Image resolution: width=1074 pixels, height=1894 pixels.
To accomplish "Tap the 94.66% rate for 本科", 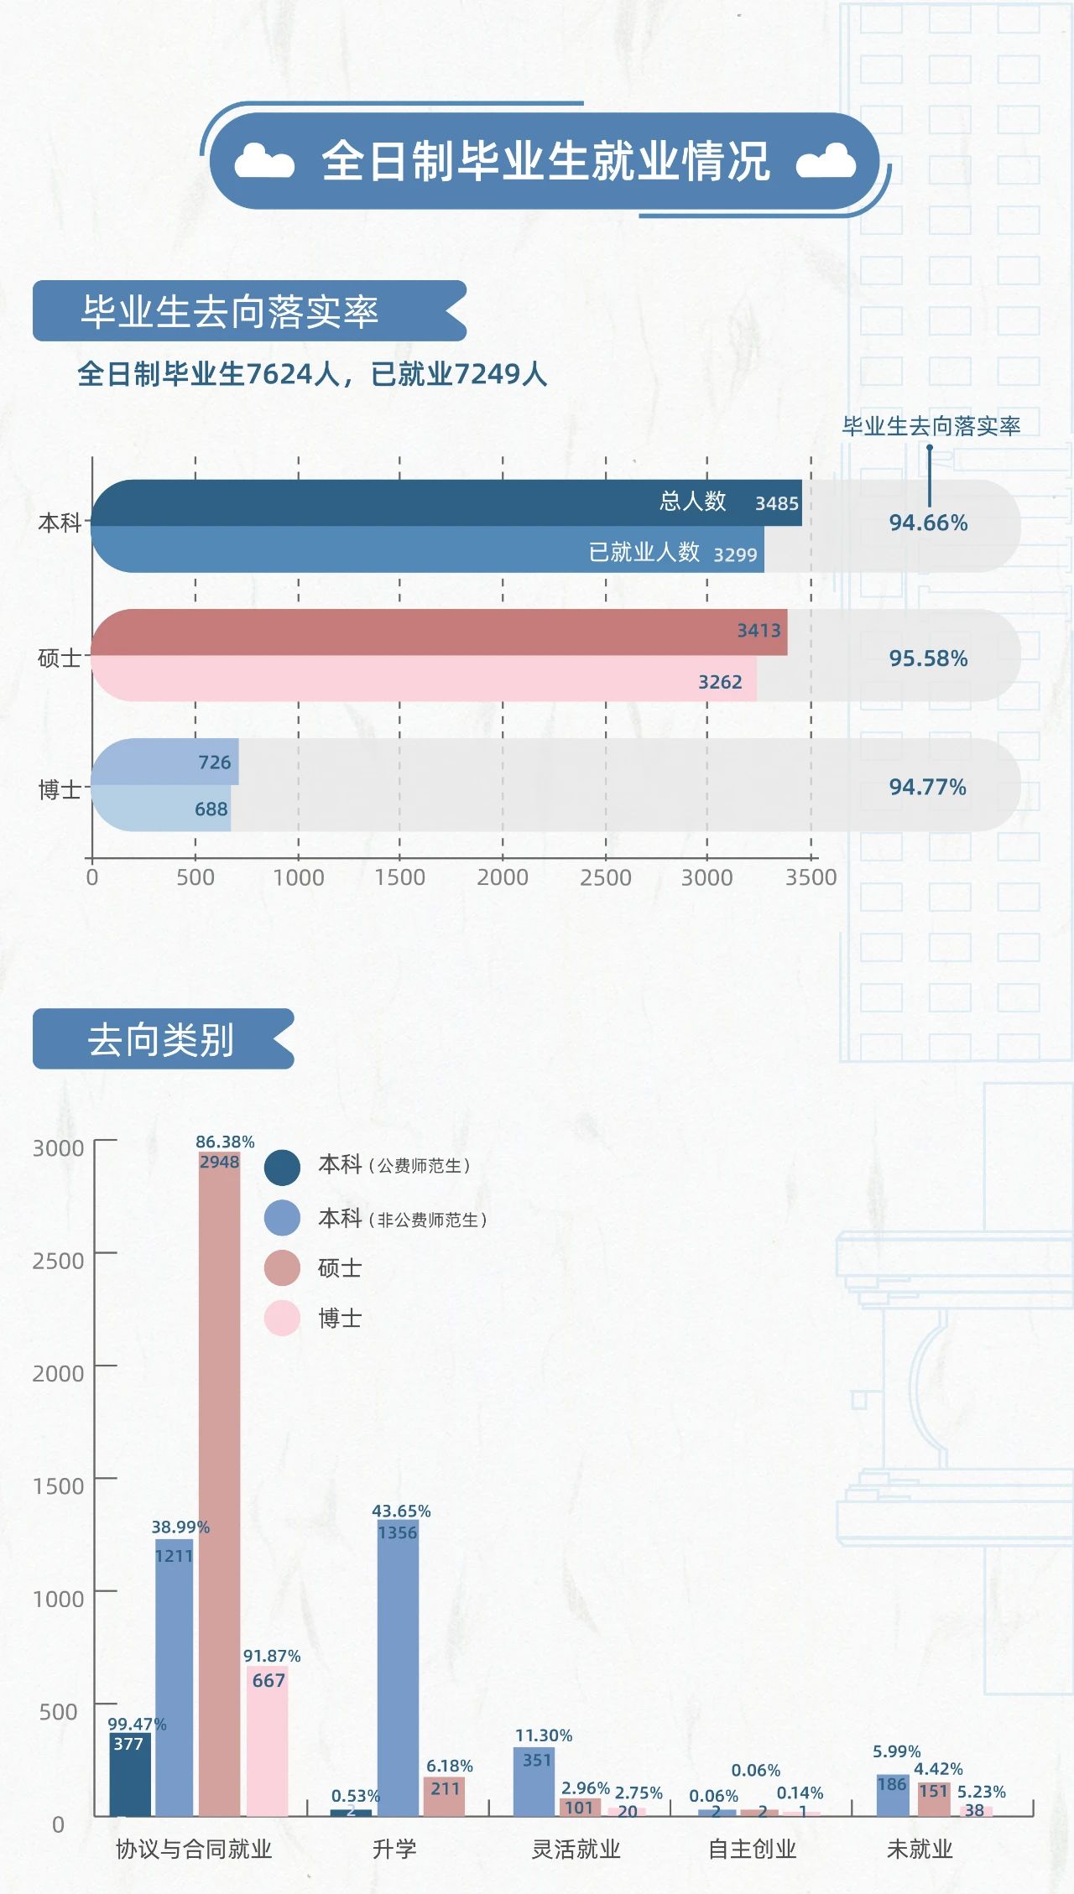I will point(928,523).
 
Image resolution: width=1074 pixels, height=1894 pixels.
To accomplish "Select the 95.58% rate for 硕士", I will point(928,658).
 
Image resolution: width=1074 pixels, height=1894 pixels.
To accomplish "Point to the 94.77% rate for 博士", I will point(927,787).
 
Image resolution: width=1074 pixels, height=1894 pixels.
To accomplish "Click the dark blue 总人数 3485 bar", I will point(445,503).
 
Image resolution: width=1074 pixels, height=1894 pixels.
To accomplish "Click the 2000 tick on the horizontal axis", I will point(503,877).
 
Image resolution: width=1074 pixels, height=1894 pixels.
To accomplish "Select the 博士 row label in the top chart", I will point(60,789).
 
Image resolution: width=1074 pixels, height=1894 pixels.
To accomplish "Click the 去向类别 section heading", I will point(161,1040).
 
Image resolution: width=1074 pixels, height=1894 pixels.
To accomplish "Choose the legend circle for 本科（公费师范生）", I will point(282,1168).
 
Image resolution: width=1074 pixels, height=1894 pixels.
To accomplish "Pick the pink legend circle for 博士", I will point(282,1318).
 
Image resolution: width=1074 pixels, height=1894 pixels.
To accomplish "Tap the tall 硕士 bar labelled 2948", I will point(220,1493).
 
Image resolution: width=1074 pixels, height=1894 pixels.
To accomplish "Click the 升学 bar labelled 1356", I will point(398,1669).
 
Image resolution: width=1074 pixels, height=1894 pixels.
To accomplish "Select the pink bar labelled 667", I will point(268,1745).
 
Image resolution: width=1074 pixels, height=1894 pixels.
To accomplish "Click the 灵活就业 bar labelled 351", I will point(534,1782).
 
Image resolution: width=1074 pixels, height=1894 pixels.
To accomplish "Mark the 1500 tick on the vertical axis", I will point(58,1486).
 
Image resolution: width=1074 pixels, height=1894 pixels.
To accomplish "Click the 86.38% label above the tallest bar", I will point(225,1142).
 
